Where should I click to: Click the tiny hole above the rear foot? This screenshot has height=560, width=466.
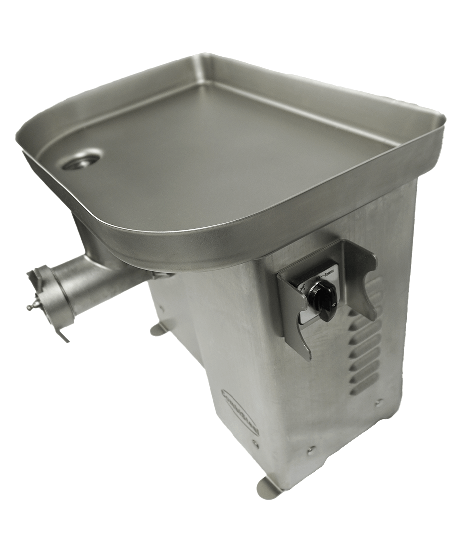tap(162, 308)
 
